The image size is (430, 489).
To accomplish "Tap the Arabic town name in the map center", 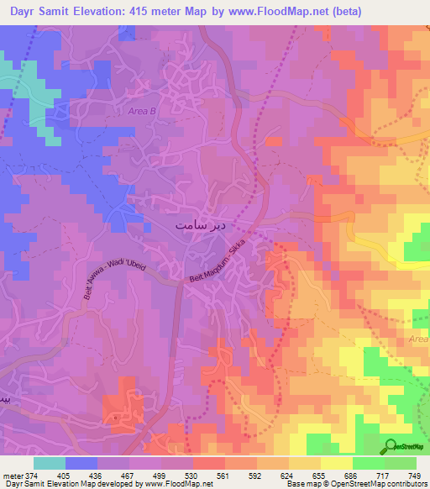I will click(201, 226).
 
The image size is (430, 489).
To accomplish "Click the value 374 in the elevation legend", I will click(34, 475).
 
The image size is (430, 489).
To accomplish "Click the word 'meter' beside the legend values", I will click(13, 475).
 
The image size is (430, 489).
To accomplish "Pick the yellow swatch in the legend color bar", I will click(337, 463).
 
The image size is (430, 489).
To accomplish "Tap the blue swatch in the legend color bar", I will click(81, 463).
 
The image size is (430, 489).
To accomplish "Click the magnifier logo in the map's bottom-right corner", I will click(390, 445).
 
